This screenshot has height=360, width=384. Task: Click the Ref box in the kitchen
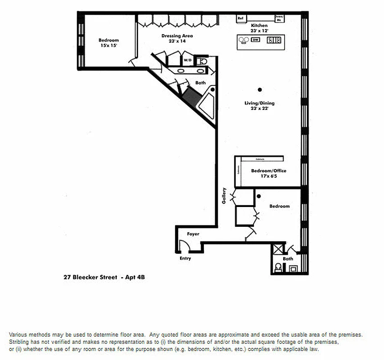pos(241,18)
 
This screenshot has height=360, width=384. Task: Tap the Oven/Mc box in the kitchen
pos(279,18)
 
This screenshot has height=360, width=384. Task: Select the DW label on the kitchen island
pos(255,40)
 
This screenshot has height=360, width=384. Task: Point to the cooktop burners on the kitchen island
pos(274,40)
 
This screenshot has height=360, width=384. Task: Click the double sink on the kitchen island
pos(244,40)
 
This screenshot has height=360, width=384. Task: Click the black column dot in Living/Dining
pos(260,89)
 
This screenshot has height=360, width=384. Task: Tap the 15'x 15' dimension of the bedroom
pos(108,46)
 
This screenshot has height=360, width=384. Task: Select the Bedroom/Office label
pos(268,171)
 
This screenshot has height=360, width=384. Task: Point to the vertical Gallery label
pos(224,196)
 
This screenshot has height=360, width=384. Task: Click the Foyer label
pos(193,234)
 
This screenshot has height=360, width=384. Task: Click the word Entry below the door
pos(185,258)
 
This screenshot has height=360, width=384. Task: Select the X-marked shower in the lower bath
pos(278,250)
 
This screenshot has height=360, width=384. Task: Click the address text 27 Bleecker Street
pos(92,277)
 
